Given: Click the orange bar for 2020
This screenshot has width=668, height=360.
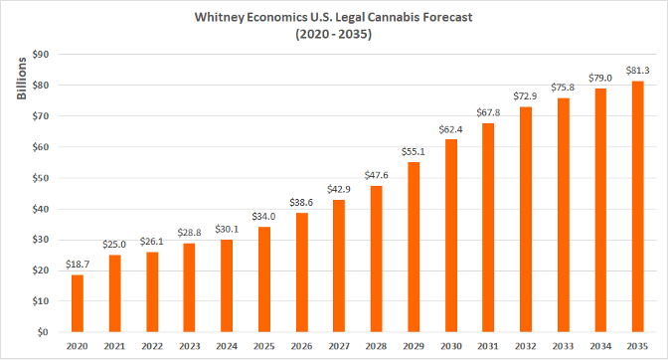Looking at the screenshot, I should click(78, 302).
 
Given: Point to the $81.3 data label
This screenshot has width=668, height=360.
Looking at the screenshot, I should click(638, 70).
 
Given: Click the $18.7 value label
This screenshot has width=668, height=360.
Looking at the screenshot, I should click(78, 263).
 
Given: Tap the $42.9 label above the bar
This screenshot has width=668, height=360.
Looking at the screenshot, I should click(339, 189).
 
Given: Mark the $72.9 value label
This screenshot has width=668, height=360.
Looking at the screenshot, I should click(526, 95).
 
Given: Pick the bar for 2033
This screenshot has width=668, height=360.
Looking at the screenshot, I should click(564, 214).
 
